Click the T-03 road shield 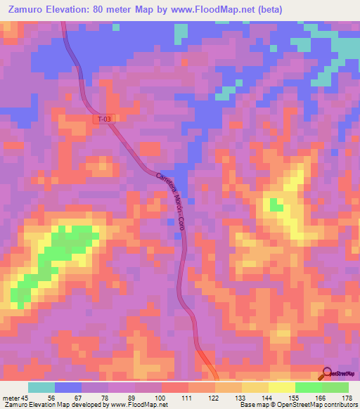(x=103, y=119)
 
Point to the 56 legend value (x=68, y=397)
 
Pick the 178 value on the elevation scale (x=347, y=397)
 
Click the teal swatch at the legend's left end (x=41, y=387)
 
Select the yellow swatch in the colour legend (x=281, y=387)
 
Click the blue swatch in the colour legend (x=68, y=387)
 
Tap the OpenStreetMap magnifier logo (x=328, y=372)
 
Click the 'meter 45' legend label (x=16, y=397)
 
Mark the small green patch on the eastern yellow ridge (x=276, y=207)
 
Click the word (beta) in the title (x=269, y=10)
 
